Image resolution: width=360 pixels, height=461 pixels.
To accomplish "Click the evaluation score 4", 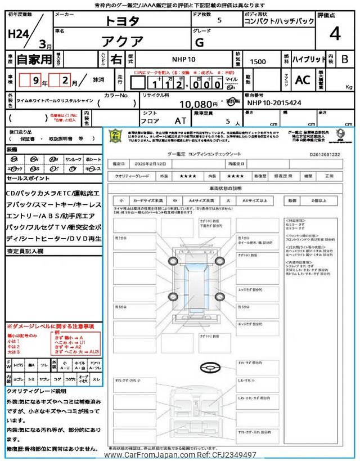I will tap(335, 34).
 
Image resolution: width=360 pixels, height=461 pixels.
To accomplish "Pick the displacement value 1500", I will tap(258, 61).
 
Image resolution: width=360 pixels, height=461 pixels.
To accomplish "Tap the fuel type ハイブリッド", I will tap(308, 59).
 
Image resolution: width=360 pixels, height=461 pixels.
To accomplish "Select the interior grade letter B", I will tap(345, 59).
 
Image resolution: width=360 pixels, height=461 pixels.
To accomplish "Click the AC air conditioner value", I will tap(303, 80).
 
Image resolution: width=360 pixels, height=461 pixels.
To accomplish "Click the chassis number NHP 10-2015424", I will tap(273, 104).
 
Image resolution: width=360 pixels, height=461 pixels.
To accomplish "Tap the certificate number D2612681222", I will tap(324, 153).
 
